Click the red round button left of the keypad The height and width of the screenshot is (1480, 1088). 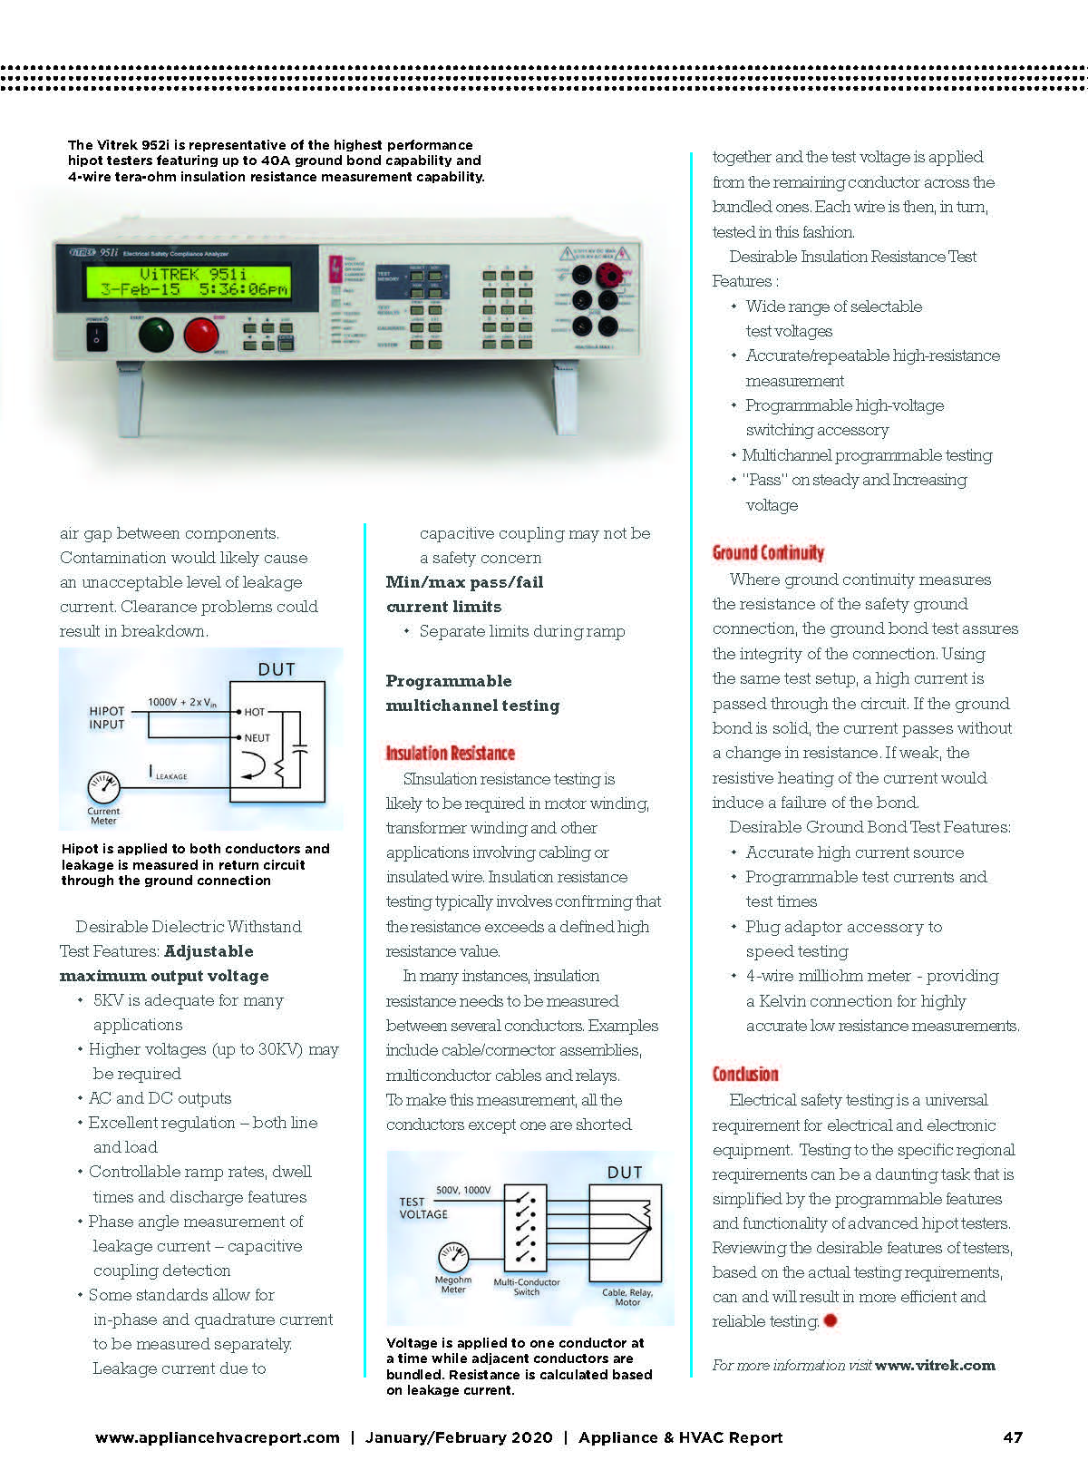coord(201,335)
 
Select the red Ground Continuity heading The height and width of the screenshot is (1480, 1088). coord(768,552)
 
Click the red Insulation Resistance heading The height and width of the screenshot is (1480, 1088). coord(450,753)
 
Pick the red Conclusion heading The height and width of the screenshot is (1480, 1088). coord(745,1074)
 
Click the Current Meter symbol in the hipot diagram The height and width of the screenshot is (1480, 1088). coord(103,785)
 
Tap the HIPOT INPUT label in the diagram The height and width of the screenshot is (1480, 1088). coord(107,717)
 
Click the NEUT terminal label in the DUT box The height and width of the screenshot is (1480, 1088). coord(257,737)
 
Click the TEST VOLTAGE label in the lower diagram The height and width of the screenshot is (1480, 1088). coord(423,1207)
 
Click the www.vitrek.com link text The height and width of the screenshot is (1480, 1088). coord(935,1365)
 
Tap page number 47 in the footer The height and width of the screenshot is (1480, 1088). coord(1012,1437)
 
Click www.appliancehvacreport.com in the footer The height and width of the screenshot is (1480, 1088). coord(218,1437)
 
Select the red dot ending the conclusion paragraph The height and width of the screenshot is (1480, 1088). coord(830,1320)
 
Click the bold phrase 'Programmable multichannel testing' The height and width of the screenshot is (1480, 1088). coord(472,693)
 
